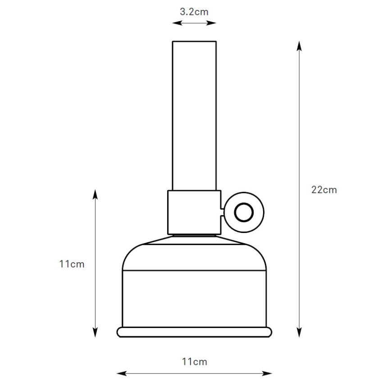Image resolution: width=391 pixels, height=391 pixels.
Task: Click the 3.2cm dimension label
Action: pyautogui.click(x=194, y=12)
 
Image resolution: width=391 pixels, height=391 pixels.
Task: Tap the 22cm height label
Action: pyautogui.click(x=324, y=190)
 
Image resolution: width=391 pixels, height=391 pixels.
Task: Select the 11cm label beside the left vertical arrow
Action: pyautogui.click(x=72, y=264)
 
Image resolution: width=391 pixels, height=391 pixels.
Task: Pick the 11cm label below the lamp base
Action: pyautogui.click(x=195, y=362)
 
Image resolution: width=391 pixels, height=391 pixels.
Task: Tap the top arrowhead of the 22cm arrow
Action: pyautogui.click(x=299, y=46)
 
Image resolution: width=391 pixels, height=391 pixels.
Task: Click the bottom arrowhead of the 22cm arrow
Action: pyautogui.click(x=299, y=332)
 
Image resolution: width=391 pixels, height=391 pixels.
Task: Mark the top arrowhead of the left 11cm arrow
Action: pyautogui.click(x=95, y=194)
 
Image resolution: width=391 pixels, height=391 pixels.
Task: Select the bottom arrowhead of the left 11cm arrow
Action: pyautogui.click(x=95, y=332)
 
